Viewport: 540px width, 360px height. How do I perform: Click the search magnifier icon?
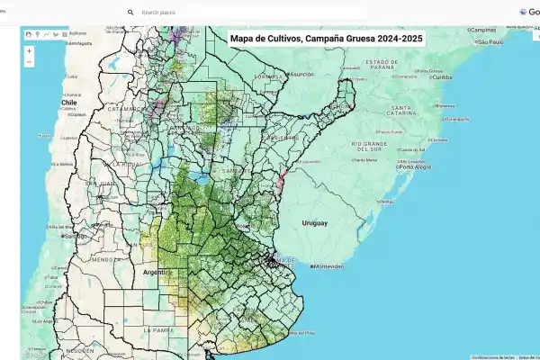click(130, 13)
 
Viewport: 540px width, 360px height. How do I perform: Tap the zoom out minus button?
click(29, 63)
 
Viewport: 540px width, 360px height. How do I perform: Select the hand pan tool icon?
click(29, 34)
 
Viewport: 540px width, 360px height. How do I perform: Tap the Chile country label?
click(66, 103)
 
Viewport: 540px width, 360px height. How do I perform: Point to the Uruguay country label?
click(314, 222)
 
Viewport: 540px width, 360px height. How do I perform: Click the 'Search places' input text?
click(162, 13)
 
